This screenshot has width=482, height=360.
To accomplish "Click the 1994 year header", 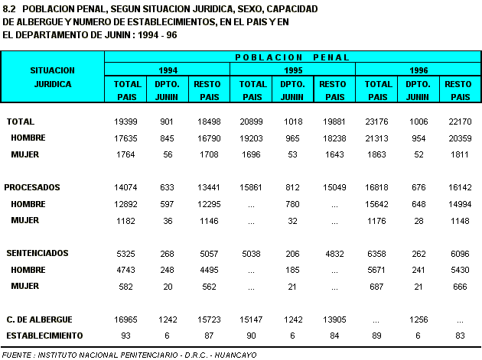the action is point(168,70).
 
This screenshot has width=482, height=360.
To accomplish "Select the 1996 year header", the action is point(418,70).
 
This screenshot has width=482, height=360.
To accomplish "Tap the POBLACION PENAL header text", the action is point(292,57).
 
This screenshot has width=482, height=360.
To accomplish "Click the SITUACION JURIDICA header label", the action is point(53,77).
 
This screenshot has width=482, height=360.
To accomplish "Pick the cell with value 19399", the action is point(125,122).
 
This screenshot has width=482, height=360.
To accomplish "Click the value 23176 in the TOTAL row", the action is point(376,122).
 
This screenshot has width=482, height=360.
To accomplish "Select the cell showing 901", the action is point(167,122).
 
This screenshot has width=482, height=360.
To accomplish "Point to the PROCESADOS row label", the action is point(32,187).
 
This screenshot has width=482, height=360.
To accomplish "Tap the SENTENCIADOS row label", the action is point(37,253).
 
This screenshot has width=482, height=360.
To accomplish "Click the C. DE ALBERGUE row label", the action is point(39,319).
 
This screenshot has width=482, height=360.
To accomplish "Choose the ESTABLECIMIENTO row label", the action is point(44,336).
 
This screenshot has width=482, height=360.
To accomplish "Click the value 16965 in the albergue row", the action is point(125,319).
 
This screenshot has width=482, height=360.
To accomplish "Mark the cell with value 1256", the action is point(418,319).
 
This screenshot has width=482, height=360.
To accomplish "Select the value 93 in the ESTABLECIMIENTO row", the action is point(125,336).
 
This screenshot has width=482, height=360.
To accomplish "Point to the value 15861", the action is point(251,187).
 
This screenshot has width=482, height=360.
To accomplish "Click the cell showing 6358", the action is point(376,254).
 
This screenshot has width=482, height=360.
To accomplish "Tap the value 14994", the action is point(460,204).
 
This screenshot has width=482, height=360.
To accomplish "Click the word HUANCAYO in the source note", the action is point(236,355).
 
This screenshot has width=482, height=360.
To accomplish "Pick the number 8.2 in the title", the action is point(9,9).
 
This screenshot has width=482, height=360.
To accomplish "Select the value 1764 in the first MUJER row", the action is point(125,154).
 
